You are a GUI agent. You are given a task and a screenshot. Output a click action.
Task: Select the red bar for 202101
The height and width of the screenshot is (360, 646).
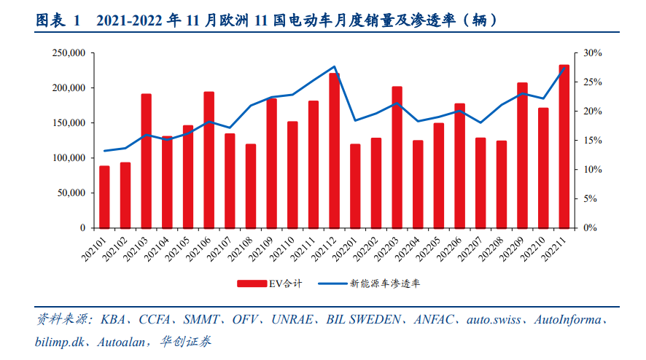[104, 197]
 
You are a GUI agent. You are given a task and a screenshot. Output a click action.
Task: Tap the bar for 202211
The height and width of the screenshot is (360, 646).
[564, 146]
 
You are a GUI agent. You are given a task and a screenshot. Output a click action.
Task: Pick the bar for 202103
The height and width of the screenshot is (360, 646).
[146, 160]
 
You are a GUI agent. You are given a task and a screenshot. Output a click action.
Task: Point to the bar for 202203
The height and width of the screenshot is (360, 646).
[397, 157]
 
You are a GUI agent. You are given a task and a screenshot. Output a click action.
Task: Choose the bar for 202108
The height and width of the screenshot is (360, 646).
[251, 186]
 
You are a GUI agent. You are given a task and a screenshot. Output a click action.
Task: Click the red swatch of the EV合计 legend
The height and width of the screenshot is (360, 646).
[251, 283]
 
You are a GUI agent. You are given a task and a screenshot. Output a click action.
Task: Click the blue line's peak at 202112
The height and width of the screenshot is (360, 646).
[334, 66]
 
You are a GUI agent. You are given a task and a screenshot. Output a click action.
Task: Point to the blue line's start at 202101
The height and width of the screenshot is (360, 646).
[104, 151]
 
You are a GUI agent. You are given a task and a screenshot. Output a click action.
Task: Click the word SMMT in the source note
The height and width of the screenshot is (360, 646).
[203, 320]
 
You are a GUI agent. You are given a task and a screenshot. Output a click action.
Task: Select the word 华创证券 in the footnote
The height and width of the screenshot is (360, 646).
[189, 340]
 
